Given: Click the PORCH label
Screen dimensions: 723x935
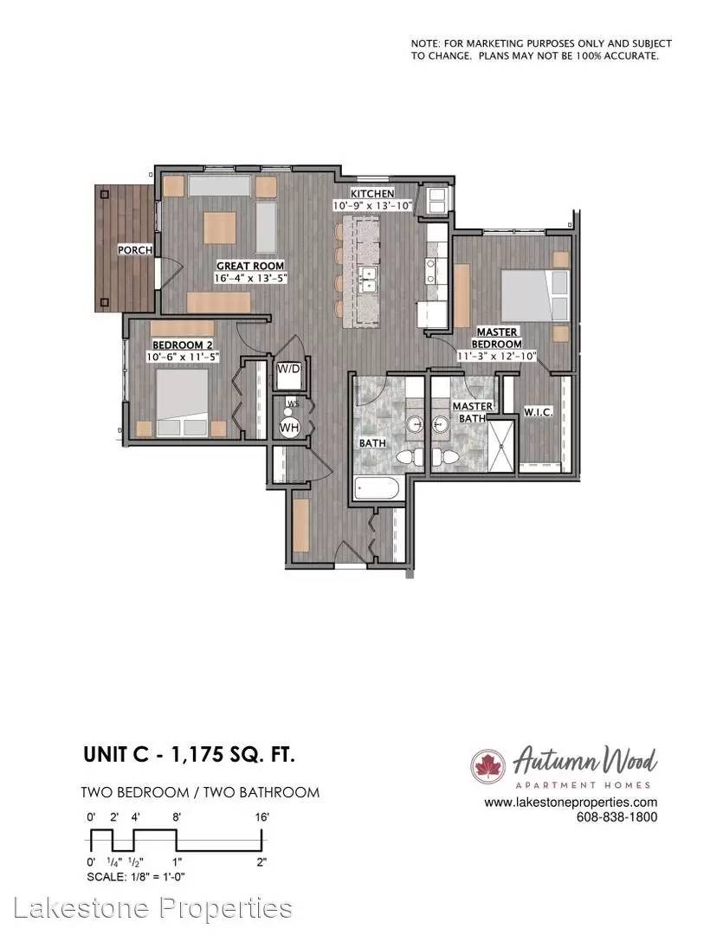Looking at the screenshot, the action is coord(135,250).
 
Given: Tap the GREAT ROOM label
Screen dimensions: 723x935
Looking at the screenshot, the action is coord(250,266).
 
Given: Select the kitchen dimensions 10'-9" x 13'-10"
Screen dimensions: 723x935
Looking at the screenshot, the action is coord(372,205).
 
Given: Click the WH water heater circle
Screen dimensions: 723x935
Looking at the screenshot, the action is coord(289,427).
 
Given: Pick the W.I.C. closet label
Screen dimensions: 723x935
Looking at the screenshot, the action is coord(538,411).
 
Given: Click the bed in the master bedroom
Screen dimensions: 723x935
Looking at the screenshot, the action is coord(534,296).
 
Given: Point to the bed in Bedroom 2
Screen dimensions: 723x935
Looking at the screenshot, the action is coord(183,403).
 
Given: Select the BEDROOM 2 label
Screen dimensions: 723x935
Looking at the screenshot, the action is coord(183,345).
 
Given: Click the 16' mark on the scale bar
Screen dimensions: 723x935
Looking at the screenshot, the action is coord(261,817).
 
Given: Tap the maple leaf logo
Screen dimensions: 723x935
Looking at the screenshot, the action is coord(488,766).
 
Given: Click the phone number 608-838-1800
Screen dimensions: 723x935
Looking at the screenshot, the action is coord(616,817).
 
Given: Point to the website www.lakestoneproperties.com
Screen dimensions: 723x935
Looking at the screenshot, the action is coord(571,803).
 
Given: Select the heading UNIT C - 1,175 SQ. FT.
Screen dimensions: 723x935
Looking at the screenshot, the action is coord(189,755).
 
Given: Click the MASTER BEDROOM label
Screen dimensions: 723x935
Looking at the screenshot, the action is coord(496,338).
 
